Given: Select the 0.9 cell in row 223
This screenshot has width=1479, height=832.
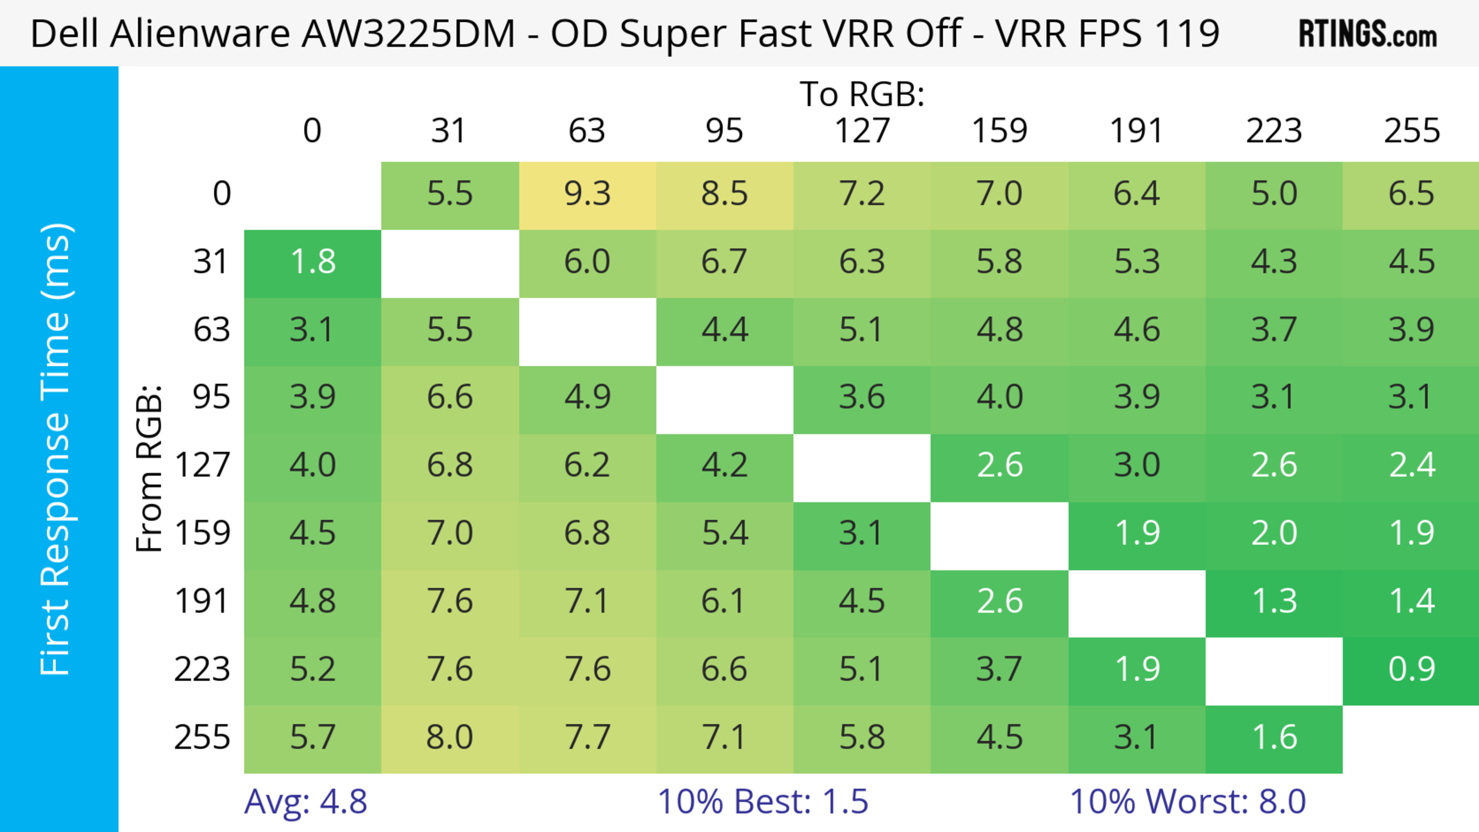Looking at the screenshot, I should pos(1411,669).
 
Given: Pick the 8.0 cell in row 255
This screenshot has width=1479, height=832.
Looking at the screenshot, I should pos(449,737).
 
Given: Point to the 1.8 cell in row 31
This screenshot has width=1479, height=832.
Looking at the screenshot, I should pos(312,262).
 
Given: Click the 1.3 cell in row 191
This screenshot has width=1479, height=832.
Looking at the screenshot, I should pos(1274,601).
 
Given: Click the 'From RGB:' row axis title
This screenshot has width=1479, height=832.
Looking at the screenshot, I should pos(149,468).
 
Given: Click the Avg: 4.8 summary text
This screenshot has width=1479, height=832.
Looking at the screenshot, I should pos(305,802).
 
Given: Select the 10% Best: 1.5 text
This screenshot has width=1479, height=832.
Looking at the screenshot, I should pos(763,802).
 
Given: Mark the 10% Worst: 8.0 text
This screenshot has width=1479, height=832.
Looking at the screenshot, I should pos(1187,802).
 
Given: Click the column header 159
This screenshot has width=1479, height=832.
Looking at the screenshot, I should pos(999,131).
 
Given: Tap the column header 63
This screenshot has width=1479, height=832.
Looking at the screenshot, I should pos(587,131).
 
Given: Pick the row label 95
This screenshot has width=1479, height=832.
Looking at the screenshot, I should pos(211,397).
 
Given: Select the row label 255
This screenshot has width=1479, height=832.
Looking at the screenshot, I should pos(202,737).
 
